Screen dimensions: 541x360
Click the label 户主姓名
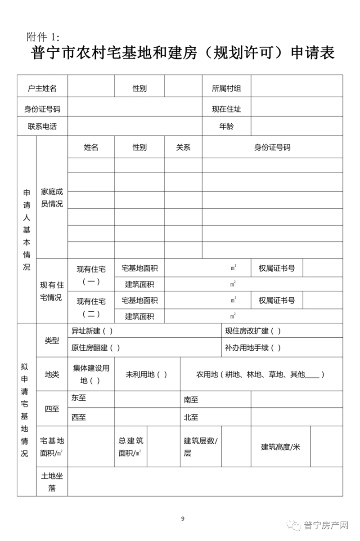pyautogui.click(x=42, y=88)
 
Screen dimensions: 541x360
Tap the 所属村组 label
pyautogui.click(x=226, y=88)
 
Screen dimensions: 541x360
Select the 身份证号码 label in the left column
pyautogui.click(x=42, y=109)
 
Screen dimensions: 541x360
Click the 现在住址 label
pyautogui.click(x=226, y=109)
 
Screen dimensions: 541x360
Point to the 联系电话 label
pyautogui.click(x=42, y=126)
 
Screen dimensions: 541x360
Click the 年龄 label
pyautogui.click(x=226, y=126)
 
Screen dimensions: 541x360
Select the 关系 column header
pyautogui.click(x=183, y=148)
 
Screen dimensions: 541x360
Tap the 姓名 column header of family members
pyautogui.click(x=91, y=148)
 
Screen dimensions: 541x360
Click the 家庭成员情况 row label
pyautogui.click(x=52, y=197)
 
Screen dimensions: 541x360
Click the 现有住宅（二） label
pyautogui.click(x=91, y=308)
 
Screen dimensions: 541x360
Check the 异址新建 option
pyautogui.click(x=92, y=331)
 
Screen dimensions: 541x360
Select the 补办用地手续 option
pyautogui.click(x=253, y=348)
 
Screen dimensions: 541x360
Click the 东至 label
pyautogui.click(x=79, y=398)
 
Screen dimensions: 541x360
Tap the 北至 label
pyautogui.click(x=191, y=417)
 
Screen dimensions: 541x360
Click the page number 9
pyautogui.click(x=183, y=519)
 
